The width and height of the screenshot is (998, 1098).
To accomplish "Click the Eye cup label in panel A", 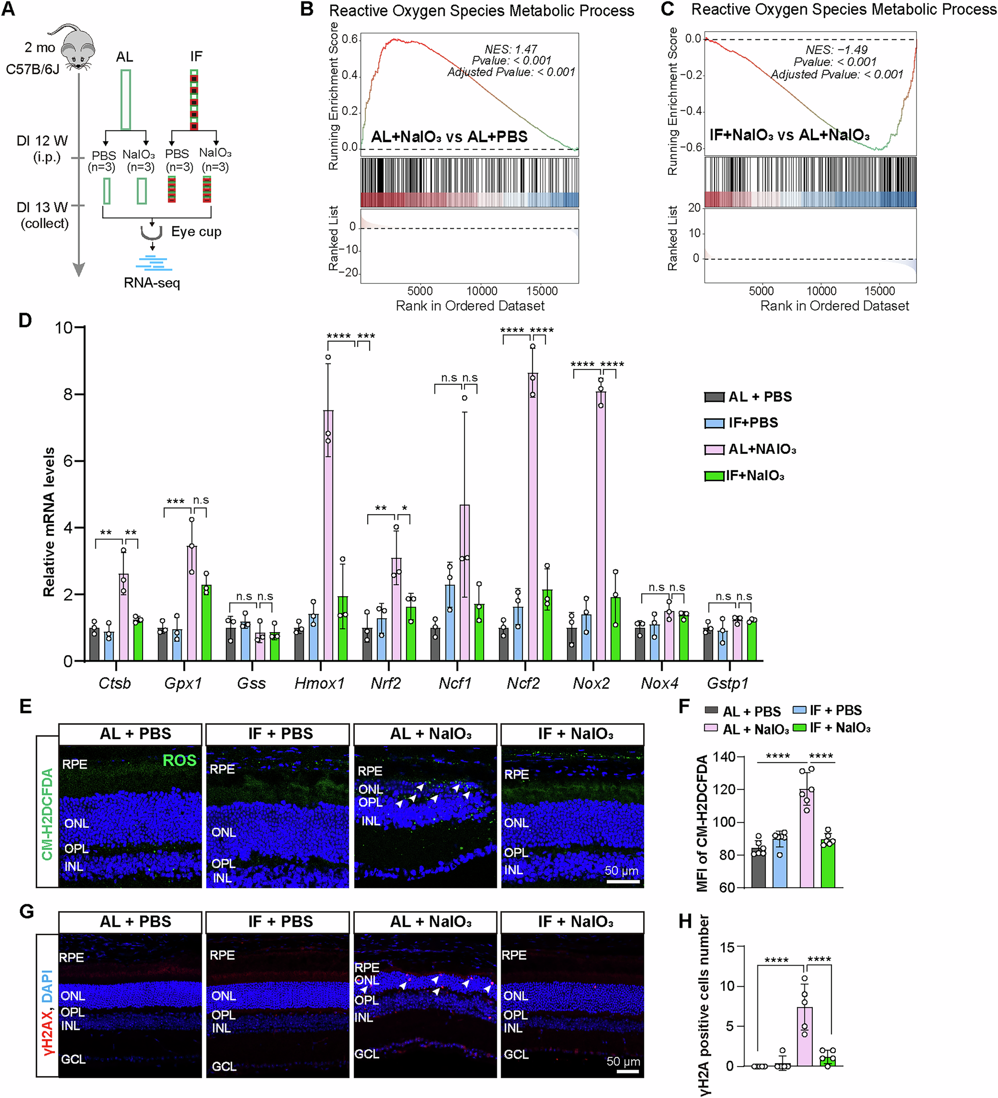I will click(196, 232).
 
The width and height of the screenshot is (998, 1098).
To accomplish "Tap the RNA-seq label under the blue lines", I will click(152, 283).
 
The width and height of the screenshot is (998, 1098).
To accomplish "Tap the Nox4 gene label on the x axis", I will click(660, 683).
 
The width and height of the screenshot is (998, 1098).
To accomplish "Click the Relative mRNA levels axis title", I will click(49, 521).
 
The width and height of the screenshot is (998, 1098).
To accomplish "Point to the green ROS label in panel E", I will click(180, 760).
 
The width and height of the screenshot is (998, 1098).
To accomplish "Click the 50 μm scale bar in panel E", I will click(622, 881).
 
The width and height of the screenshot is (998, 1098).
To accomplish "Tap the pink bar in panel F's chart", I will click(806, 838).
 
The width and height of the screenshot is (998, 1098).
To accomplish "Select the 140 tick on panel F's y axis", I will click(724, 756).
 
